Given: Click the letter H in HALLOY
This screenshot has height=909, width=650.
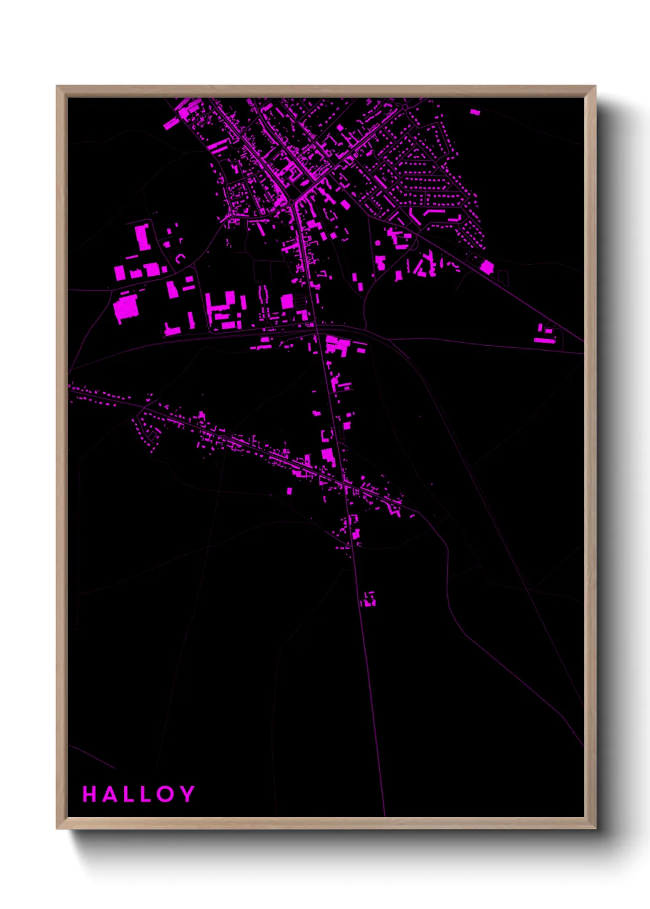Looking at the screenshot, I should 90,794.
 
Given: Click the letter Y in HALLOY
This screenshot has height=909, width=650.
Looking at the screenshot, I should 187,794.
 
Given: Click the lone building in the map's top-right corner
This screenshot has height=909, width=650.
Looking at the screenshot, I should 475,112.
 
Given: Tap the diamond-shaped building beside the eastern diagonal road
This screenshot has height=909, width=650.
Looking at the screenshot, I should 487,267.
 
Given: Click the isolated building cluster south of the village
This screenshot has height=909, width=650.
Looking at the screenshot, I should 368,599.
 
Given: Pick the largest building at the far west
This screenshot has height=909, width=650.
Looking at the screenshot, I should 126,307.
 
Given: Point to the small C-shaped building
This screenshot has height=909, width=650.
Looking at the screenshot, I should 179,259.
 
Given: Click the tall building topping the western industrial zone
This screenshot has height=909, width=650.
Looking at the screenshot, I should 143,237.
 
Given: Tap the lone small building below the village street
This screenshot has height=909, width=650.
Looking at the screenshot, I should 289,491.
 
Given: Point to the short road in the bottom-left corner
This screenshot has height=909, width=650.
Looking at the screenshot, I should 92,757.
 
